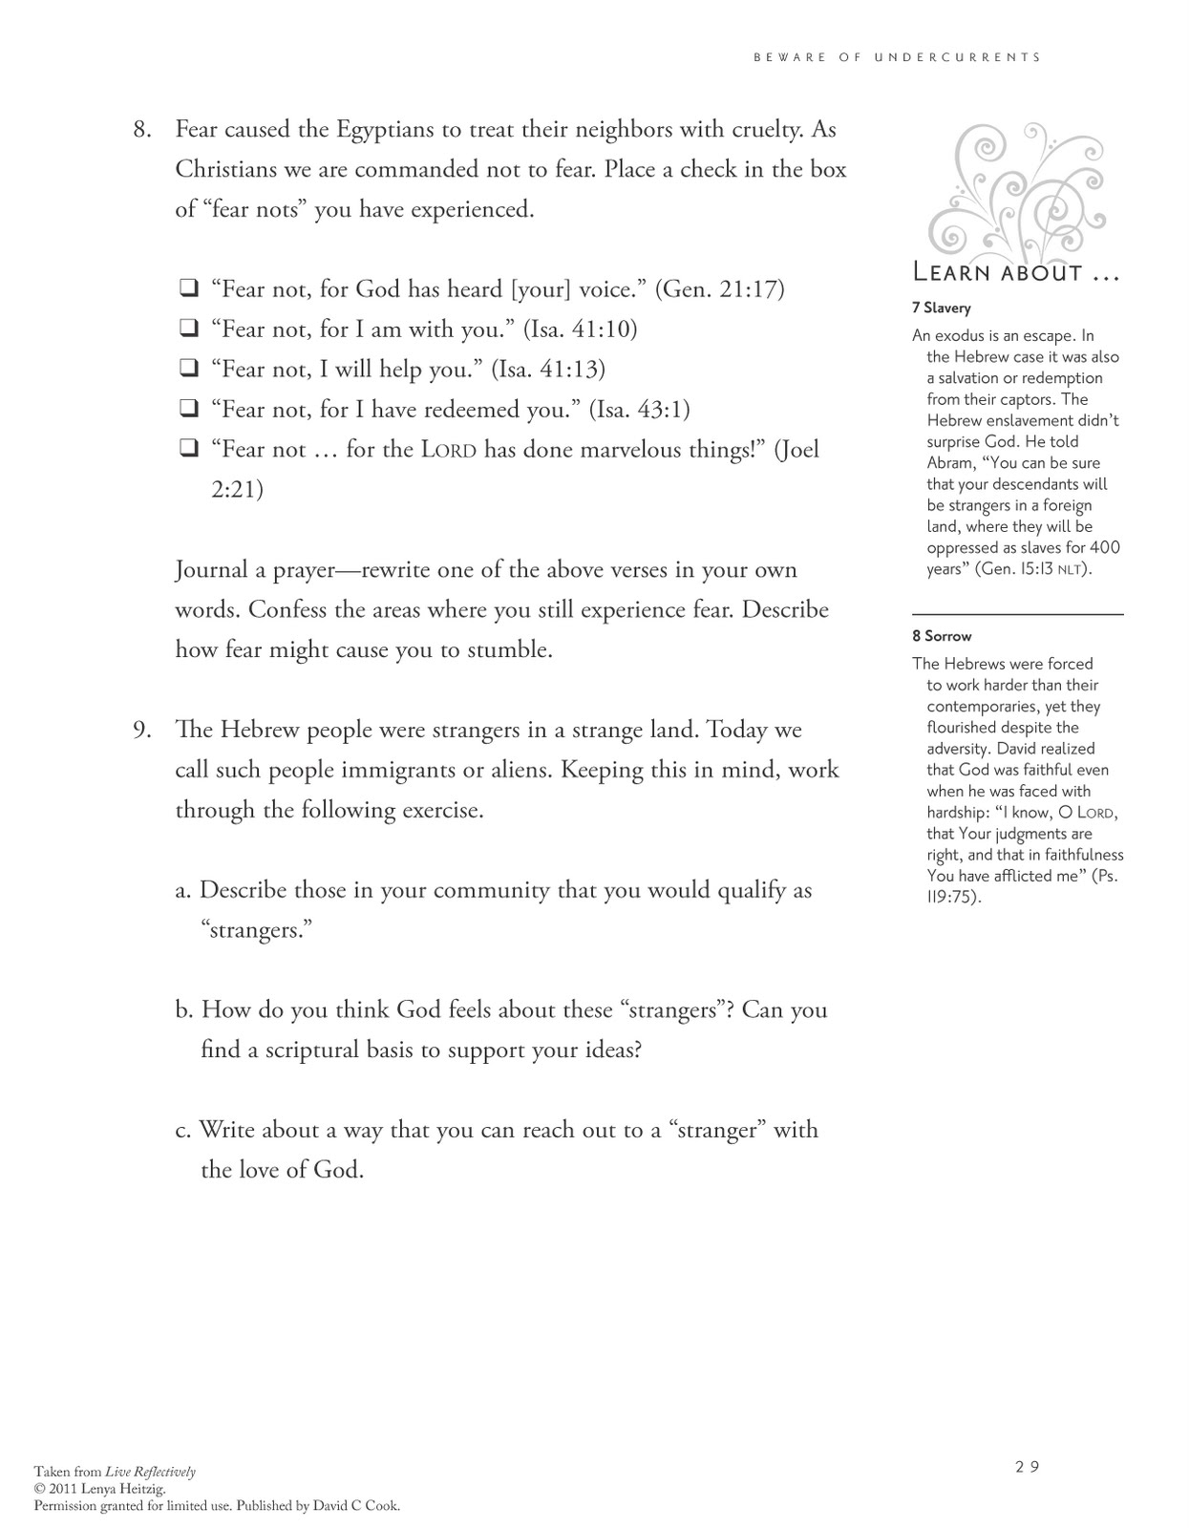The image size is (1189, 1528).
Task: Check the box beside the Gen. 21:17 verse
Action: pyautogui.click(x=188, y=287)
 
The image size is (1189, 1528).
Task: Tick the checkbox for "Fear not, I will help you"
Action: pyautogui.click(x=188, y=368)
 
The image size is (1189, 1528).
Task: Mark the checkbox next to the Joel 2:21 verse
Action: pyautogui.click(x=188, y=448)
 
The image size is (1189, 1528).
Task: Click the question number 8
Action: pyautogui.click(x=142, y=129)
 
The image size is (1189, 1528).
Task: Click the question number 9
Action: pyautogui.click(x=142, y=730)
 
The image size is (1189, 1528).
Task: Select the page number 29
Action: pyautogui.click(x=1027, y=1467)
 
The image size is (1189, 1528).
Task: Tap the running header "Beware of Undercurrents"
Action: pyautogui.click(x=897, y=57)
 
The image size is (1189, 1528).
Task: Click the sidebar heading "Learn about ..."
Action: pyautogui.click(x=1016, y=273)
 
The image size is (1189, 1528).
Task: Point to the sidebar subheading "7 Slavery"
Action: pyautogui.click(x=942, y=308)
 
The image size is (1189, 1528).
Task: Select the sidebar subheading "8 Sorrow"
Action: pyautogui.click(x=942, y=636)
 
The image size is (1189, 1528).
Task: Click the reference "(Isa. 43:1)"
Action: pyautogui.click(x=639, y=410)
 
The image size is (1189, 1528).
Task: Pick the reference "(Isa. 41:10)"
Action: pyautogui.click(x=580, y=329)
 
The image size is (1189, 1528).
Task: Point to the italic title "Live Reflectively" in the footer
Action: pyautogui.click(x=150, y=1472)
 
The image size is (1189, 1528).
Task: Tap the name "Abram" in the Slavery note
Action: pyautogui.click(x=949, y=463)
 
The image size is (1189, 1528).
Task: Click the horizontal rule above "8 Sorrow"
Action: pyautogui.click(x=1018, y=614)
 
